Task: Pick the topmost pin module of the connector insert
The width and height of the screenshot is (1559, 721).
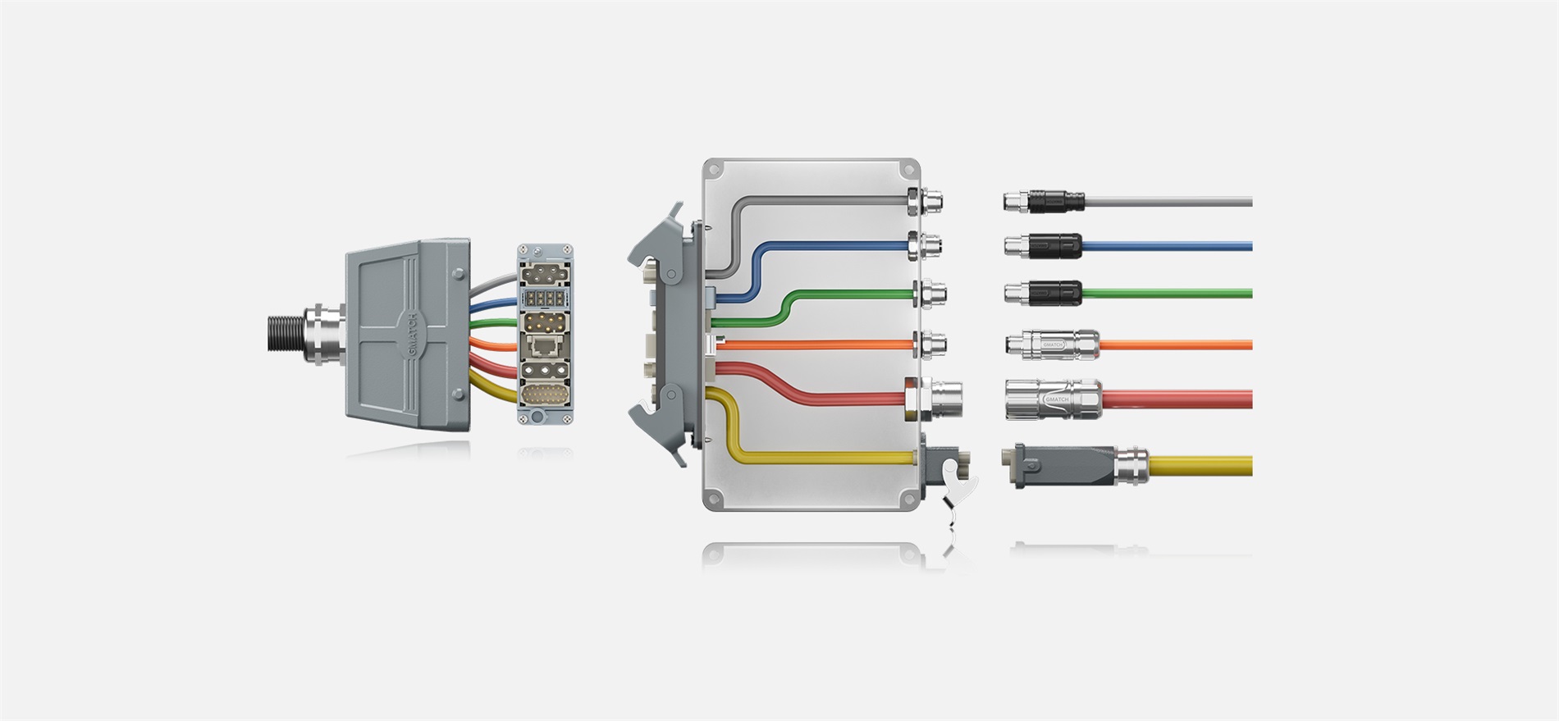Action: click(542, 273)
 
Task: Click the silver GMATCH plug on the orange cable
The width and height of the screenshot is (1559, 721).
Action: click(1052, 345)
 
